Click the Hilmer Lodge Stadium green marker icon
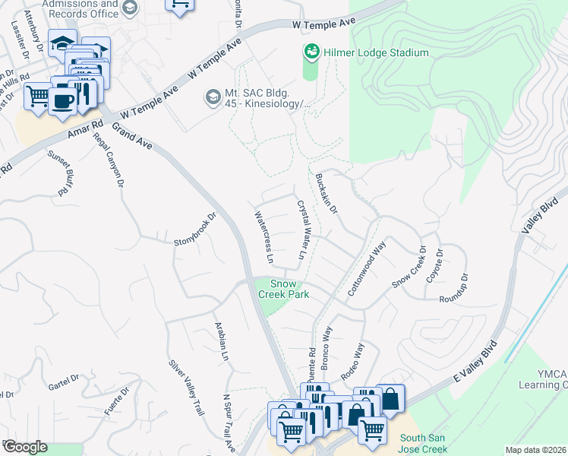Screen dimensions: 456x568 coord(311,52)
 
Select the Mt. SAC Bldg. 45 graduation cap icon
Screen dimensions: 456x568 coord(213,97)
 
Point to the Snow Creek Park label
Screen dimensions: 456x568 coord(284,289)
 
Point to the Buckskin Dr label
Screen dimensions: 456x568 coord(326,193)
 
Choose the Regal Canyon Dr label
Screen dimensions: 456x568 coord(109,160)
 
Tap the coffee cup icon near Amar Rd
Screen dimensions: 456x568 coord(62,100)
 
